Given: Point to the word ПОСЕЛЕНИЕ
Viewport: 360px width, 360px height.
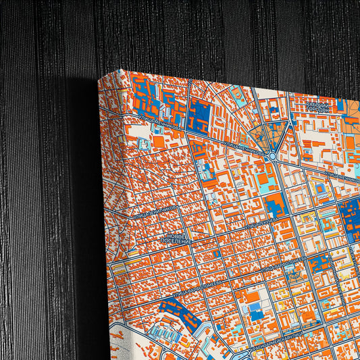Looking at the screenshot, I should pos(177,240).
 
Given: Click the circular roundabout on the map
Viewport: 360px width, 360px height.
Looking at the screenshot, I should pos(272,156).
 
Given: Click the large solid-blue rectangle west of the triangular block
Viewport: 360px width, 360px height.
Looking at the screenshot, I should pos(201,115).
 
